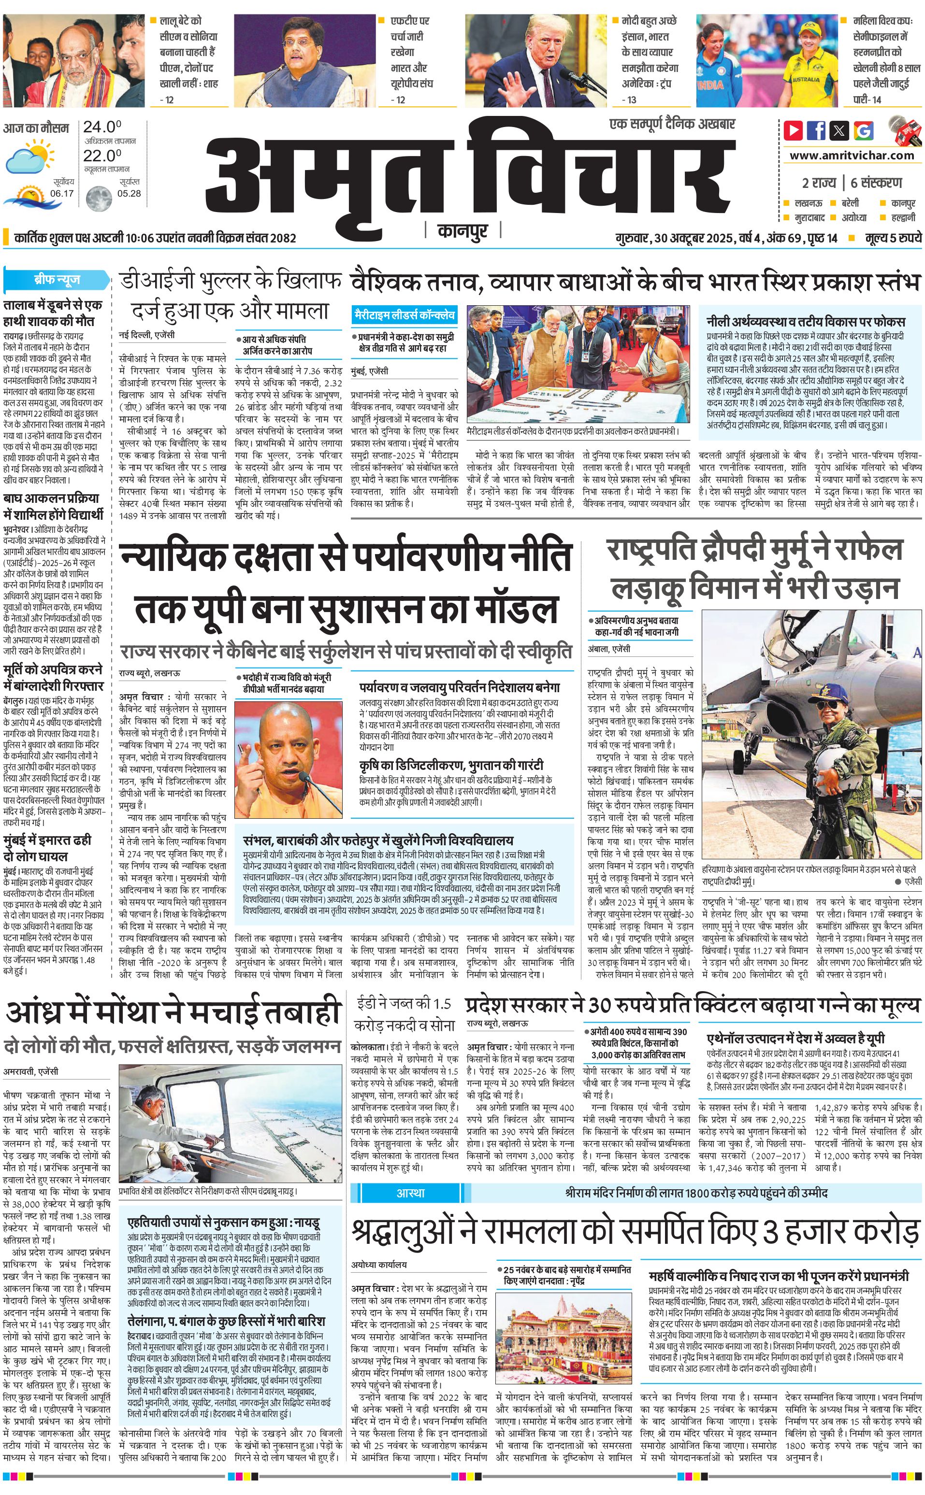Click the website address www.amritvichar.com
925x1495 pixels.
tap(852, 156)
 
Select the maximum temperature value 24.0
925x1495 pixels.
tap(102, 127)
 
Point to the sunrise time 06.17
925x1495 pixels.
tap(62, 193)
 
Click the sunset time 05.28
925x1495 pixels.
tap(129, 193)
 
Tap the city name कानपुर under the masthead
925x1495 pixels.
tap(463, 231)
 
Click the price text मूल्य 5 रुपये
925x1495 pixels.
tap(893, 238)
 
